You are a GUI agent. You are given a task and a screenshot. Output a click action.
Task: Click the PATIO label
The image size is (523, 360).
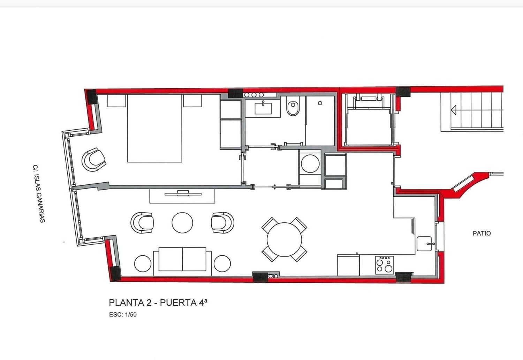(482, 233)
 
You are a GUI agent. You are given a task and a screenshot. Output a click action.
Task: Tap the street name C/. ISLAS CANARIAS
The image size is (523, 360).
(39, 194)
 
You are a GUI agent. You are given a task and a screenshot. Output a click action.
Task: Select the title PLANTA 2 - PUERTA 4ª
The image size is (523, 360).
(158, 302)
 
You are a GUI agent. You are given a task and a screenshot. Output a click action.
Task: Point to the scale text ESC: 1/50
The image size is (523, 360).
(123, 314)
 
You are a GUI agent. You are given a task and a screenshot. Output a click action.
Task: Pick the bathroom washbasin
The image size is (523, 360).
(263, 108)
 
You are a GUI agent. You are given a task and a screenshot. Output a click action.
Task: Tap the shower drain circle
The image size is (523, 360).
(320, 103)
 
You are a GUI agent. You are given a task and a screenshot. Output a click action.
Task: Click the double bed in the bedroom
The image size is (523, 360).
(154, 128)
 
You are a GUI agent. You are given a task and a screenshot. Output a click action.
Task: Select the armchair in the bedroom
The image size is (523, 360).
(94, 160)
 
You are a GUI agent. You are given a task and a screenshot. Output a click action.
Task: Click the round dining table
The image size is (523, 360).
(285, 240)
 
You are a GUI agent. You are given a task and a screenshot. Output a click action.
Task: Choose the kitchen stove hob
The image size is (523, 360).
(385, 265)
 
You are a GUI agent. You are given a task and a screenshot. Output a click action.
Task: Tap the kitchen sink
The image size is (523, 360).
(424, 244)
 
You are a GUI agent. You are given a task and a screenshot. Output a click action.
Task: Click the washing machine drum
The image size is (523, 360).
(310, 163)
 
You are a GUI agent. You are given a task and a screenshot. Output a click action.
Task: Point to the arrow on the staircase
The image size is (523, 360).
(454, 110)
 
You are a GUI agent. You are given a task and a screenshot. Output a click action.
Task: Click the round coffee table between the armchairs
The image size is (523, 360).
(182, 223)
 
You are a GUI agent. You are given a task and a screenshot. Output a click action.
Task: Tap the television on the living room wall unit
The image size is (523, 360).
(183, 193)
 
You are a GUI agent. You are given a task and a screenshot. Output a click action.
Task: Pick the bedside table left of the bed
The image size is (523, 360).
(116, 101)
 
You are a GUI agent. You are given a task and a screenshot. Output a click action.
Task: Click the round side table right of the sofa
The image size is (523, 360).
(222, 264)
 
